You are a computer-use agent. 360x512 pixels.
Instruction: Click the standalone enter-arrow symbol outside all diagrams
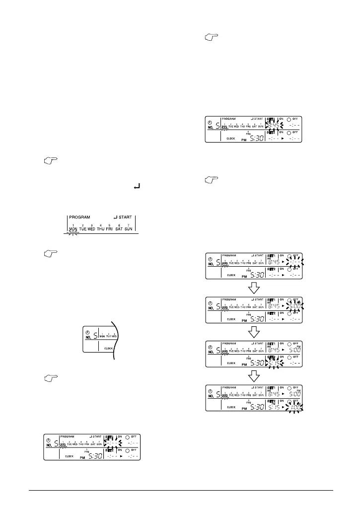click(x=136, y=187)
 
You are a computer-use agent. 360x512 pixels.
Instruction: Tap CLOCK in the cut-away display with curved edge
click(x=110, y=349)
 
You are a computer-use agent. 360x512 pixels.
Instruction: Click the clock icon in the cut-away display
click(x=88, y=330)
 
